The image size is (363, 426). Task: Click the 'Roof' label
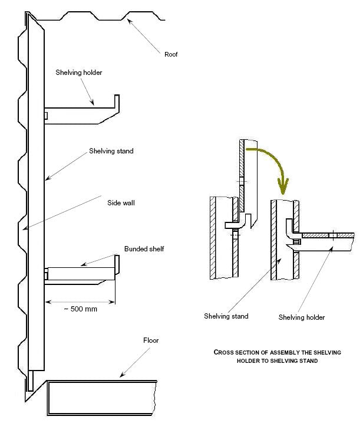pos(171,54)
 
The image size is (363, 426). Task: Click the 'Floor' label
pos(151,340)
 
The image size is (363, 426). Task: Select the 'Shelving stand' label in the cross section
pos(226,316)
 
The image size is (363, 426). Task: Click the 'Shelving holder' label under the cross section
pos(301,317)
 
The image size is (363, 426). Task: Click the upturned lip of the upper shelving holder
pos(118,104)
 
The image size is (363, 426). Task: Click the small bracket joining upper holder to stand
pos(46,114)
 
